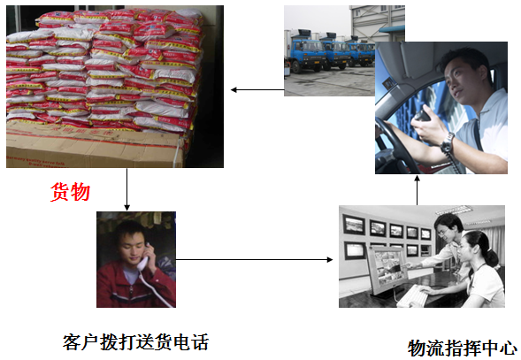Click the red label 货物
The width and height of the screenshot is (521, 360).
[x=70, y=192]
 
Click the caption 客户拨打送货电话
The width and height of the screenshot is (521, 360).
[x=135, y=342]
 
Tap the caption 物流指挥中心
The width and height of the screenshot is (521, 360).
[x=463, y=348]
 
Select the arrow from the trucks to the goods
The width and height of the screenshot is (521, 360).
[x=257, y=89]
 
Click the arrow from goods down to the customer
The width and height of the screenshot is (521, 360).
[x=126, y=189]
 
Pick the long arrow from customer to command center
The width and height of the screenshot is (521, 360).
[x=254, y=260]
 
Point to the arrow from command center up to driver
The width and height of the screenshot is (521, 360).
[x=417, y=190]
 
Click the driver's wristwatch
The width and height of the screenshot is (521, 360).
[x=448, y=143]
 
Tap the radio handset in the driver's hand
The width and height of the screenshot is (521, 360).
[x=422, y=116]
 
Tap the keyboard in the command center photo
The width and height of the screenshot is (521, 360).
[x=411, y=296]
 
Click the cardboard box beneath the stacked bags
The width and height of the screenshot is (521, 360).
[x=95, y=145]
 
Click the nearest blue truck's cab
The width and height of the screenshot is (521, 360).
[x=308, y=54]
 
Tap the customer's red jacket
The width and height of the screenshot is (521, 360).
[x=133, y=285]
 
